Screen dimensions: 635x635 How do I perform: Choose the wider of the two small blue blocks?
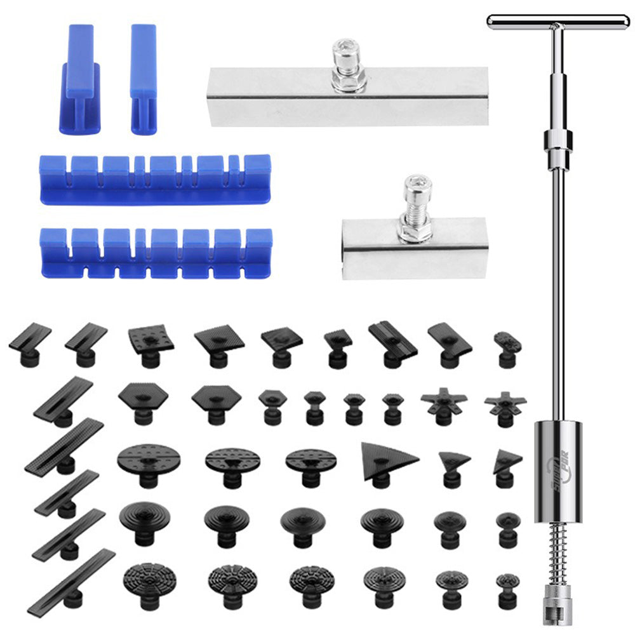tap(80, 79)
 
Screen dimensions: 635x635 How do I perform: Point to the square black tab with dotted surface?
tap(151, 340)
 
